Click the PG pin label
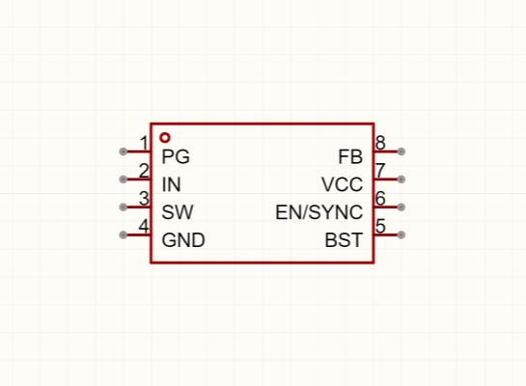coord(176,156)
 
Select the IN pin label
coord(171,184)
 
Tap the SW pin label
coord(178,212)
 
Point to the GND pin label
coord(183,240)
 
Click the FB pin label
coord(350,156)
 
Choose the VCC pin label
coord(343,184)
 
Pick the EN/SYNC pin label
coord(319,212)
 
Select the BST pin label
coord(344,240)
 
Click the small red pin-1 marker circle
coord(165,137)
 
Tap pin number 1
coord(144,143)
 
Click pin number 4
coord(144,226)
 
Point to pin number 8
coord(380,143)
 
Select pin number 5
coord(380,226)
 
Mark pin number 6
coord(380,198)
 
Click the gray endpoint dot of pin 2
coord(124,179)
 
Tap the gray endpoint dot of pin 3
coord(124,207)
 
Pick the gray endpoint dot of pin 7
coord(401,179)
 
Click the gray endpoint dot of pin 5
coord(401,234)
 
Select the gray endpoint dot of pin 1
coord(124,152)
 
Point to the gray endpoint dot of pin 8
coord(401,152)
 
